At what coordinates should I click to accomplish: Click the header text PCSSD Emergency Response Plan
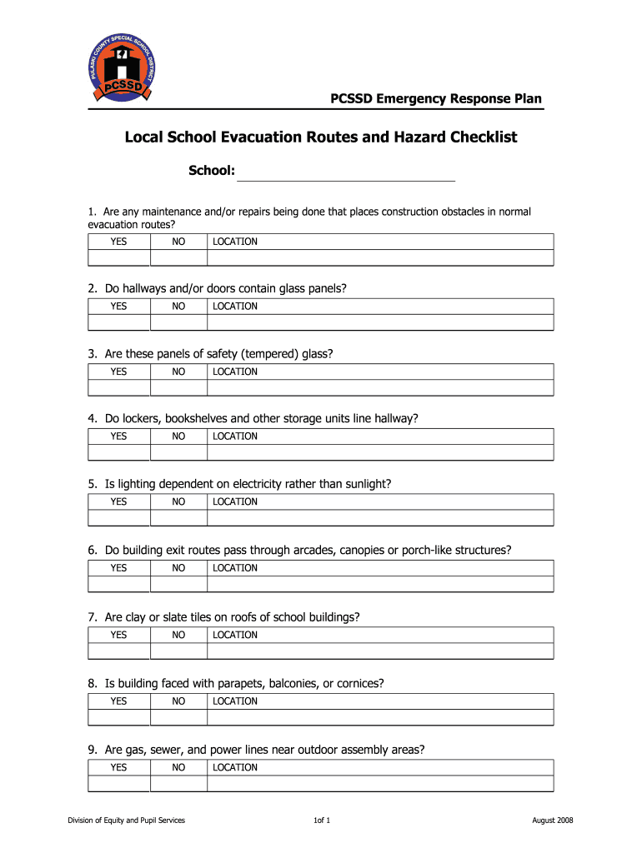[x=436, y=99]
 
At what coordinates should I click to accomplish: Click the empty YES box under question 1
[x=119, y=257]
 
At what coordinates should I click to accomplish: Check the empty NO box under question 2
[x=178, y=322]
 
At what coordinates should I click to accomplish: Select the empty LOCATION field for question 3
[x=380, y=387]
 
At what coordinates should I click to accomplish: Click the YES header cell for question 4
[x=119, y=436]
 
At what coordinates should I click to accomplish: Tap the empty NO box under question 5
[x=178, y=518]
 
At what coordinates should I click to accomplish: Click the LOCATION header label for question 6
[x=235, y=568]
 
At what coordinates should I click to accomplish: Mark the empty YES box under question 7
[x=119, y=651]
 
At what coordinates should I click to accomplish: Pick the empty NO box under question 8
[x=178, y=717]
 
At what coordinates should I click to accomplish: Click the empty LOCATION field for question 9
[x=380, y=784]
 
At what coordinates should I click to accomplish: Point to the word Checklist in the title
[x=481, y=137]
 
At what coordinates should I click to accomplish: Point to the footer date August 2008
[x=553, y=821]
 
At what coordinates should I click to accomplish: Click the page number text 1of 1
[x=321, y=821]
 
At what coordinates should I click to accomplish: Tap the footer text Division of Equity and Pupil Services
[x=127, y=821]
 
